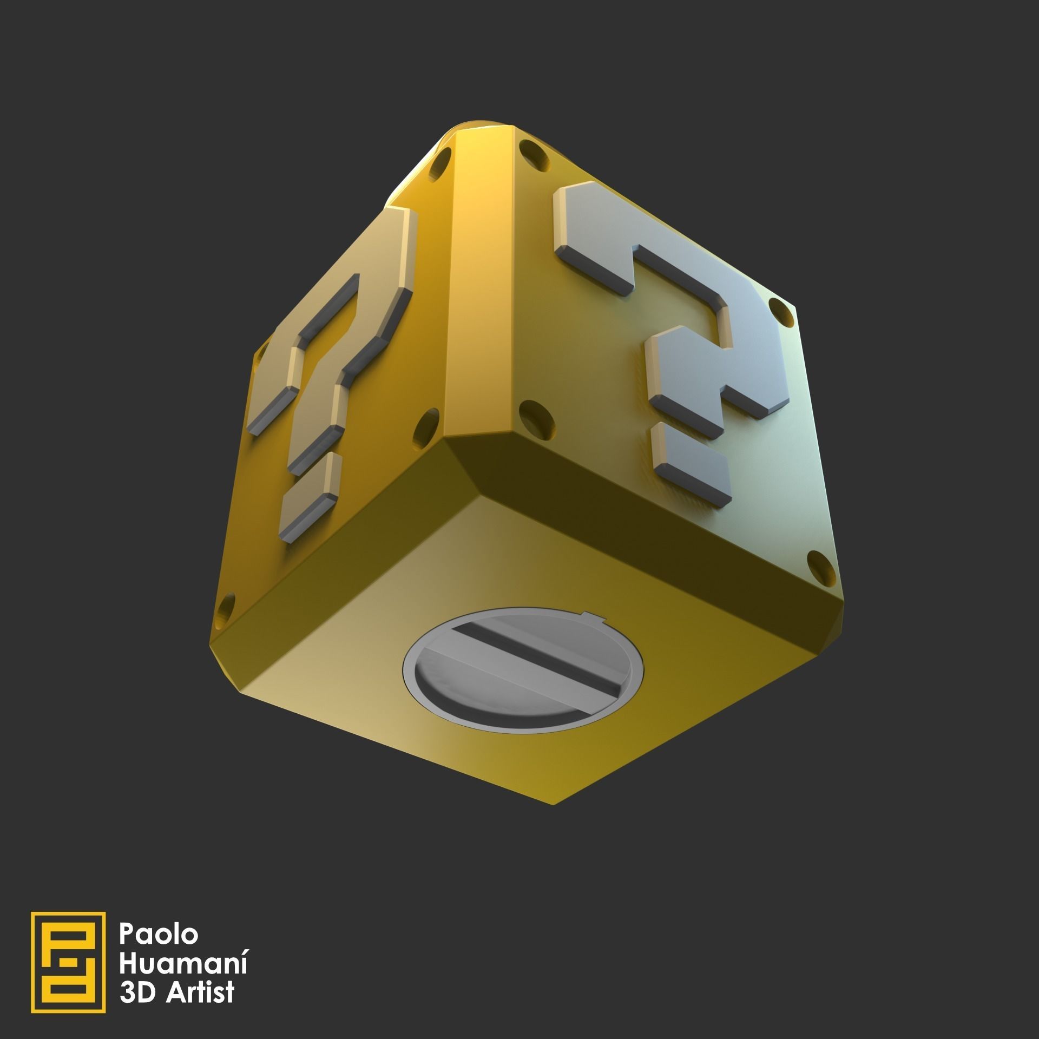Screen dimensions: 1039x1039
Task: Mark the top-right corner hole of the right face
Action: (x=779, y=314)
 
